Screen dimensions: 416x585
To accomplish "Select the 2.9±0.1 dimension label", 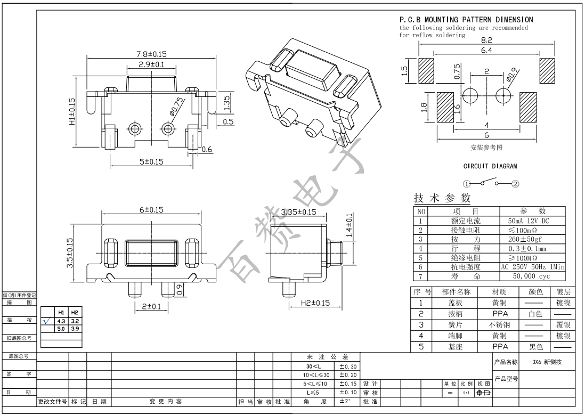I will (x=144, y=64).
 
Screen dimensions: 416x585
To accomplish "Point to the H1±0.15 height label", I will (x=72, y=111).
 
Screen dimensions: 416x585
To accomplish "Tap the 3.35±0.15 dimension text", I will (x=298, y=212).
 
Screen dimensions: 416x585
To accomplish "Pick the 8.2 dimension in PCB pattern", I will (x=486, y=40).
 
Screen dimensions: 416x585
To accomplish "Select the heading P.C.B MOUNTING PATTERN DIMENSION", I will (x=466, y=20).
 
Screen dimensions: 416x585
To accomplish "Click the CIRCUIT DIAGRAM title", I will (x=490, y=166).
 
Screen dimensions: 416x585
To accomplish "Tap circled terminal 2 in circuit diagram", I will (x=515, y=184).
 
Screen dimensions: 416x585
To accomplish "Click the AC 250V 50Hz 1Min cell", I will (x=533, y=267).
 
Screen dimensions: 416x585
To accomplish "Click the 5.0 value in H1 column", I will (x=61, y=329).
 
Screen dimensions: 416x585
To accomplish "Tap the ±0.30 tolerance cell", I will (x=347, y=366).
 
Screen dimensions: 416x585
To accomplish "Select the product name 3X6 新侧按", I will (x=547, y=362).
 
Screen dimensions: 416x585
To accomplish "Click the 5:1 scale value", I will (x=466, y=393).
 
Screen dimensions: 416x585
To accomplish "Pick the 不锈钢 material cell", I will (x=499, y=324).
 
